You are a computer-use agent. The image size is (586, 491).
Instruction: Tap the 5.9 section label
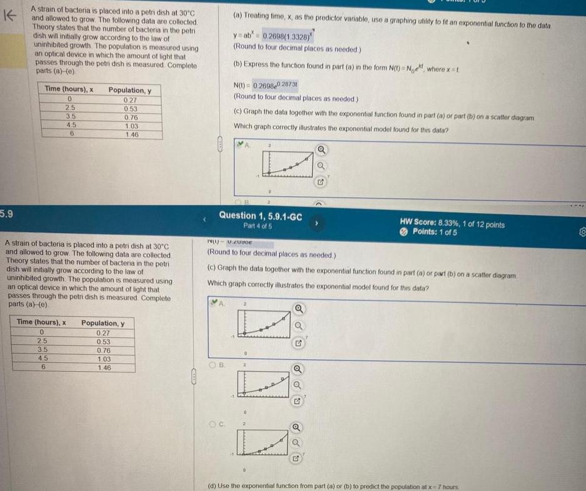coord(7,213)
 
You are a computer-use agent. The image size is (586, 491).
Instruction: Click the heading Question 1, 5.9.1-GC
coord(261,216)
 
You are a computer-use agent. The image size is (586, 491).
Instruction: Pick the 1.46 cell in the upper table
coord(131,135)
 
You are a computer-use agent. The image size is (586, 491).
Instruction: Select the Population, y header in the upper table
coord(134,90)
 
